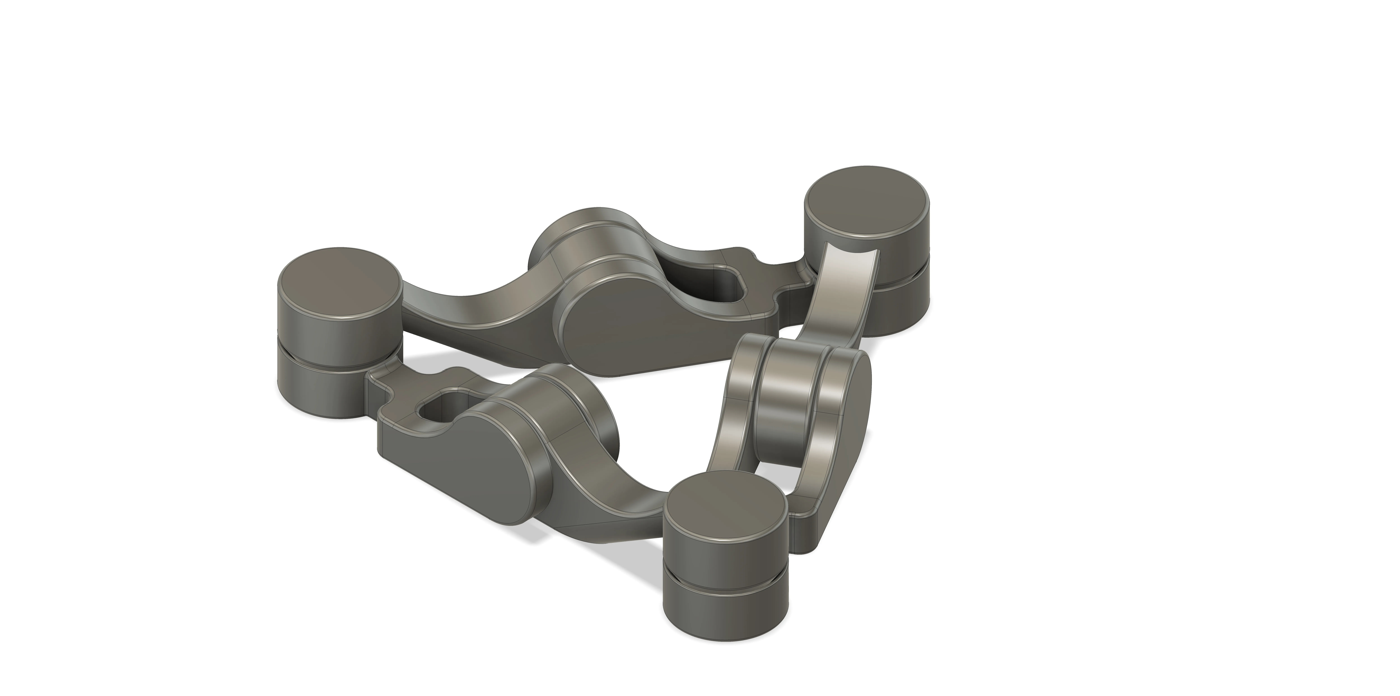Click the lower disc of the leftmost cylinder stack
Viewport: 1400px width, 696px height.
(321, 387)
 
